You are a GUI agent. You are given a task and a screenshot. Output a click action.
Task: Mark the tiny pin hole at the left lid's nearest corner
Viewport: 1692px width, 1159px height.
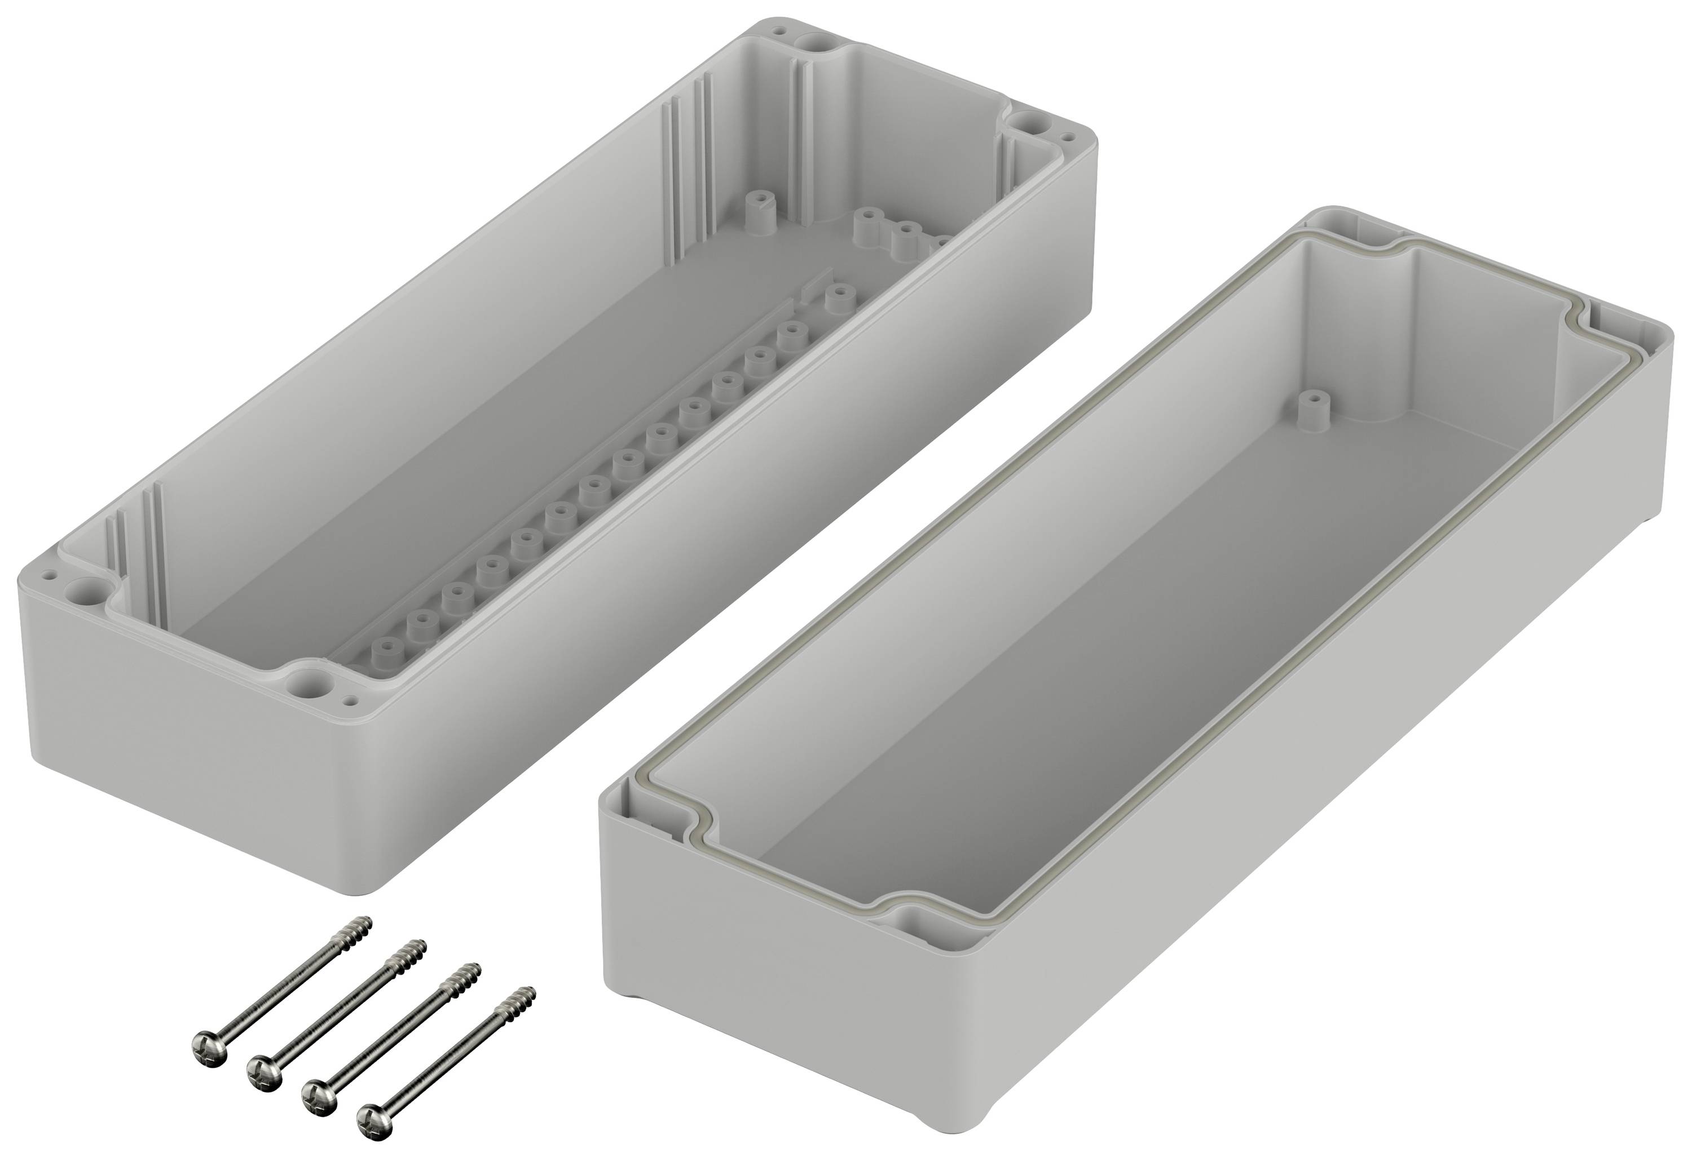pos(352,700)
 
